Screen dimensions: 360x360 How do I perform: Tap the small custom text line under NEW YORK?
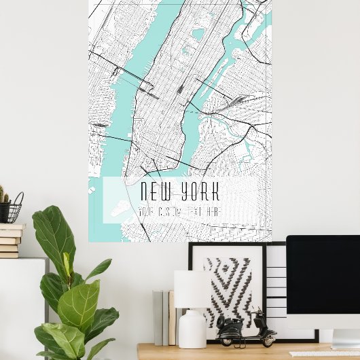[178, 212]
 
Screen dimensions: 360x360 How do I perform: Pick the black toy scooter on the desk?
[246, 330]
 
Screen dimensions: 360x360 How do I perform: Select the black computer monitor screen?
[323, 272]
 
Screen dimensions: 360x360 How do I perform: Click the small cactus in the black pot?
[3, 197]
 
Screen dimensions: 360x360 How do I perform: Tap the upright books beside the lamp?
[164, 317]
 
